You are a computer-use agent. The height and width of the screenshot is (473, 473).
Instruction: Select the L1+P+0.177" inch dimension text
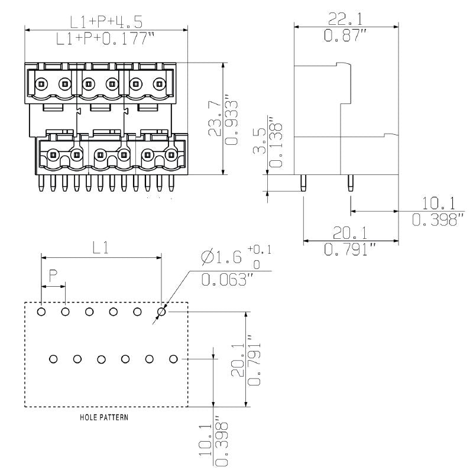[x=106, y=40]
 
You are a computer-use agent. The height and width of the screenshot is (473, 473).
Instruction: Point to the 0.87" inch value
[x=346, y=35]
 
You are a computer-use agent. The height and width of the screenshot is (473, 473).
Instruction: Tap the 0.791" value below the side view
[x=351, y=249]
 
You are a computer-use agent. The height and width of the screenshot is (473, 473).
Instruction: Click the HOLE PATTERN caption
[x=105, y=417]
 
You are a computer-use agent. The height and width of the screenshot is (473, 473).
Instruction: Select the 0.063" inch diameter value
[x=223, y=279]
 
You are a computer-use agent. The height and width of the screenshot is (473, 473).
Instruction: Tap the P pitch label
[x=53, y=275]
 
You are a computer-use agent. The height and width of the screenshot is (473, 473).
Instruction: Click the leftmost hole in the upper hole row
[x=41, y=312]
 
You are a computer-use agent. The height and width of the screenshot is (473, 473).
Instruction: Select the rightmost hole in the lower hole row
[x=173, y=359]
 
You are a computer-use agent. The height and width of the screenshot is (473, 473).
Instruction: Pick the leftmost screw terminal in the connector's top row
[x=41, y=84]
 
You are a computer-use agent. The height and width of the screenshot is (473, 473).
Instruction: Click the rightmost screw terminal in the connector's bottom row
[x=171, y=156]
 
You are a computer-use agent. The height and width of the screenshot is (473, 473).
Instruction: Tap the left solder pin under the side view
[x=303, y=183]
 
